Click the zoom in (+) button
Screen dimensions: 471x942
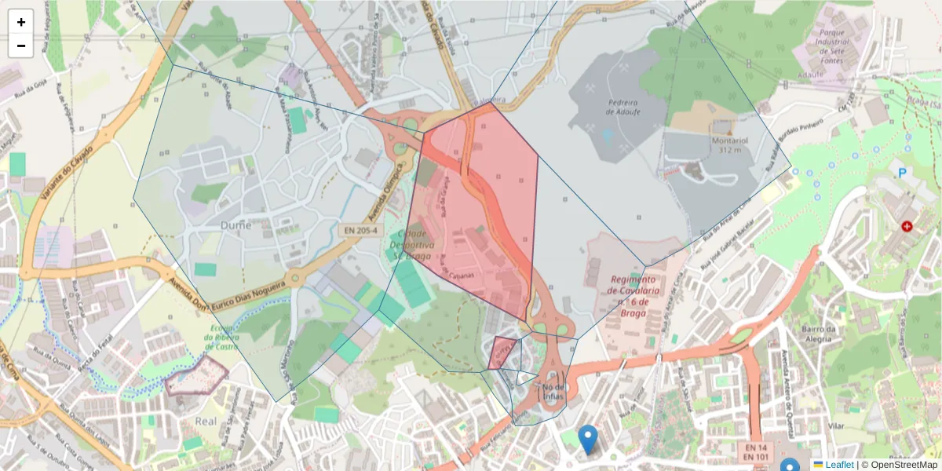pos(21,22)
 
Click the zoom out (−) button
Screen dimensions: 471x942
pos(21,46)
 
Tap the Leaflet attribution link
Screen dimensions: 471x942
pos(839,465)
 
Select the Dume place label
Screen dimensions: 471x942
pos(236,225)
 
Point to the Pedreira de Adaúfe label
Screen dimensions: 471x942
pos(622,108)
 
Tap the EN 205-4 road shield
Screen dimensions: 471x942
pos(361,231)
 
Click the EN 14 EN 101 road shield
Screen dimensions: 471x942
pos(756,451)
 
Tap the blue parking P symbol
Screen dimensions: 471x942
pos(903,172)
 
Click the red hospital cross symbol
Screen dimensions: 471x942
pos(907,226)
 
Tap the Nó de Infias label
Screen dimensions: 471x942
pos(553,391)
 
